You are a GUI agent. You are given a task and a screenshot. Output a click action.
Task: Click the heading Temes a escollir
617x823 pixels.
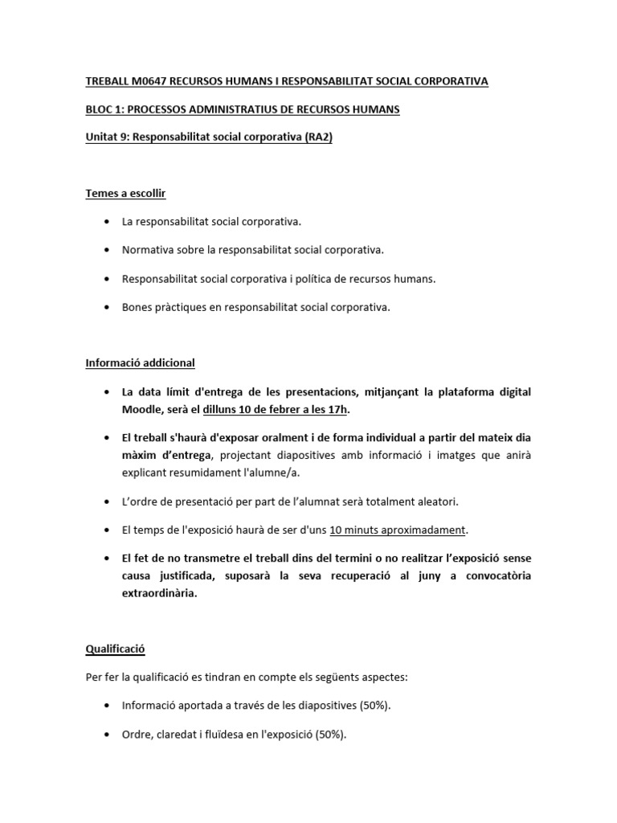click(x=125, y=193)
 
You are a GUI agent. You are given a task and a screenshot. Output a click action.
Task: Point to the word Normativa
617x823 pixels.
click(x=145, y=250)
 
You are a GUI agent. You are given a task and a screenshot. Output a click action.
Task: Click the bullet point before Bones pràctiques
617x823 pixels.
click(x=108, y=307)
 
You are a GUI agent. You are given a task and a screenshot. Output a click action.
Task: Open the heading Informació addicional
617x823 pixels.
click(x=140, y=362)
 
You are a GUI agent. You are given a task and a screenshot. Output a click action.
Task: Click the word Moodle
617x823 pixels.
click(x=142, y=410)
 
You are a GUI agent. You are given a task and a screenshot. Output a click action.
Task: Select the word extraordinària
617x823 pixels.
click(x=159, y=594)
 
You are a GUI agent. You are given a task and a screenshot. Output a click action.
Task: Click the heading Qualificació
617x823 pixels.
click(x=115, y=648)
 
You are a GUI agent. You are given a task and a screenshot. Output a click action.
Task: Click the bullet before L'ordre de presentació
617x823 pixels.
click(x=108, y=502)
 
